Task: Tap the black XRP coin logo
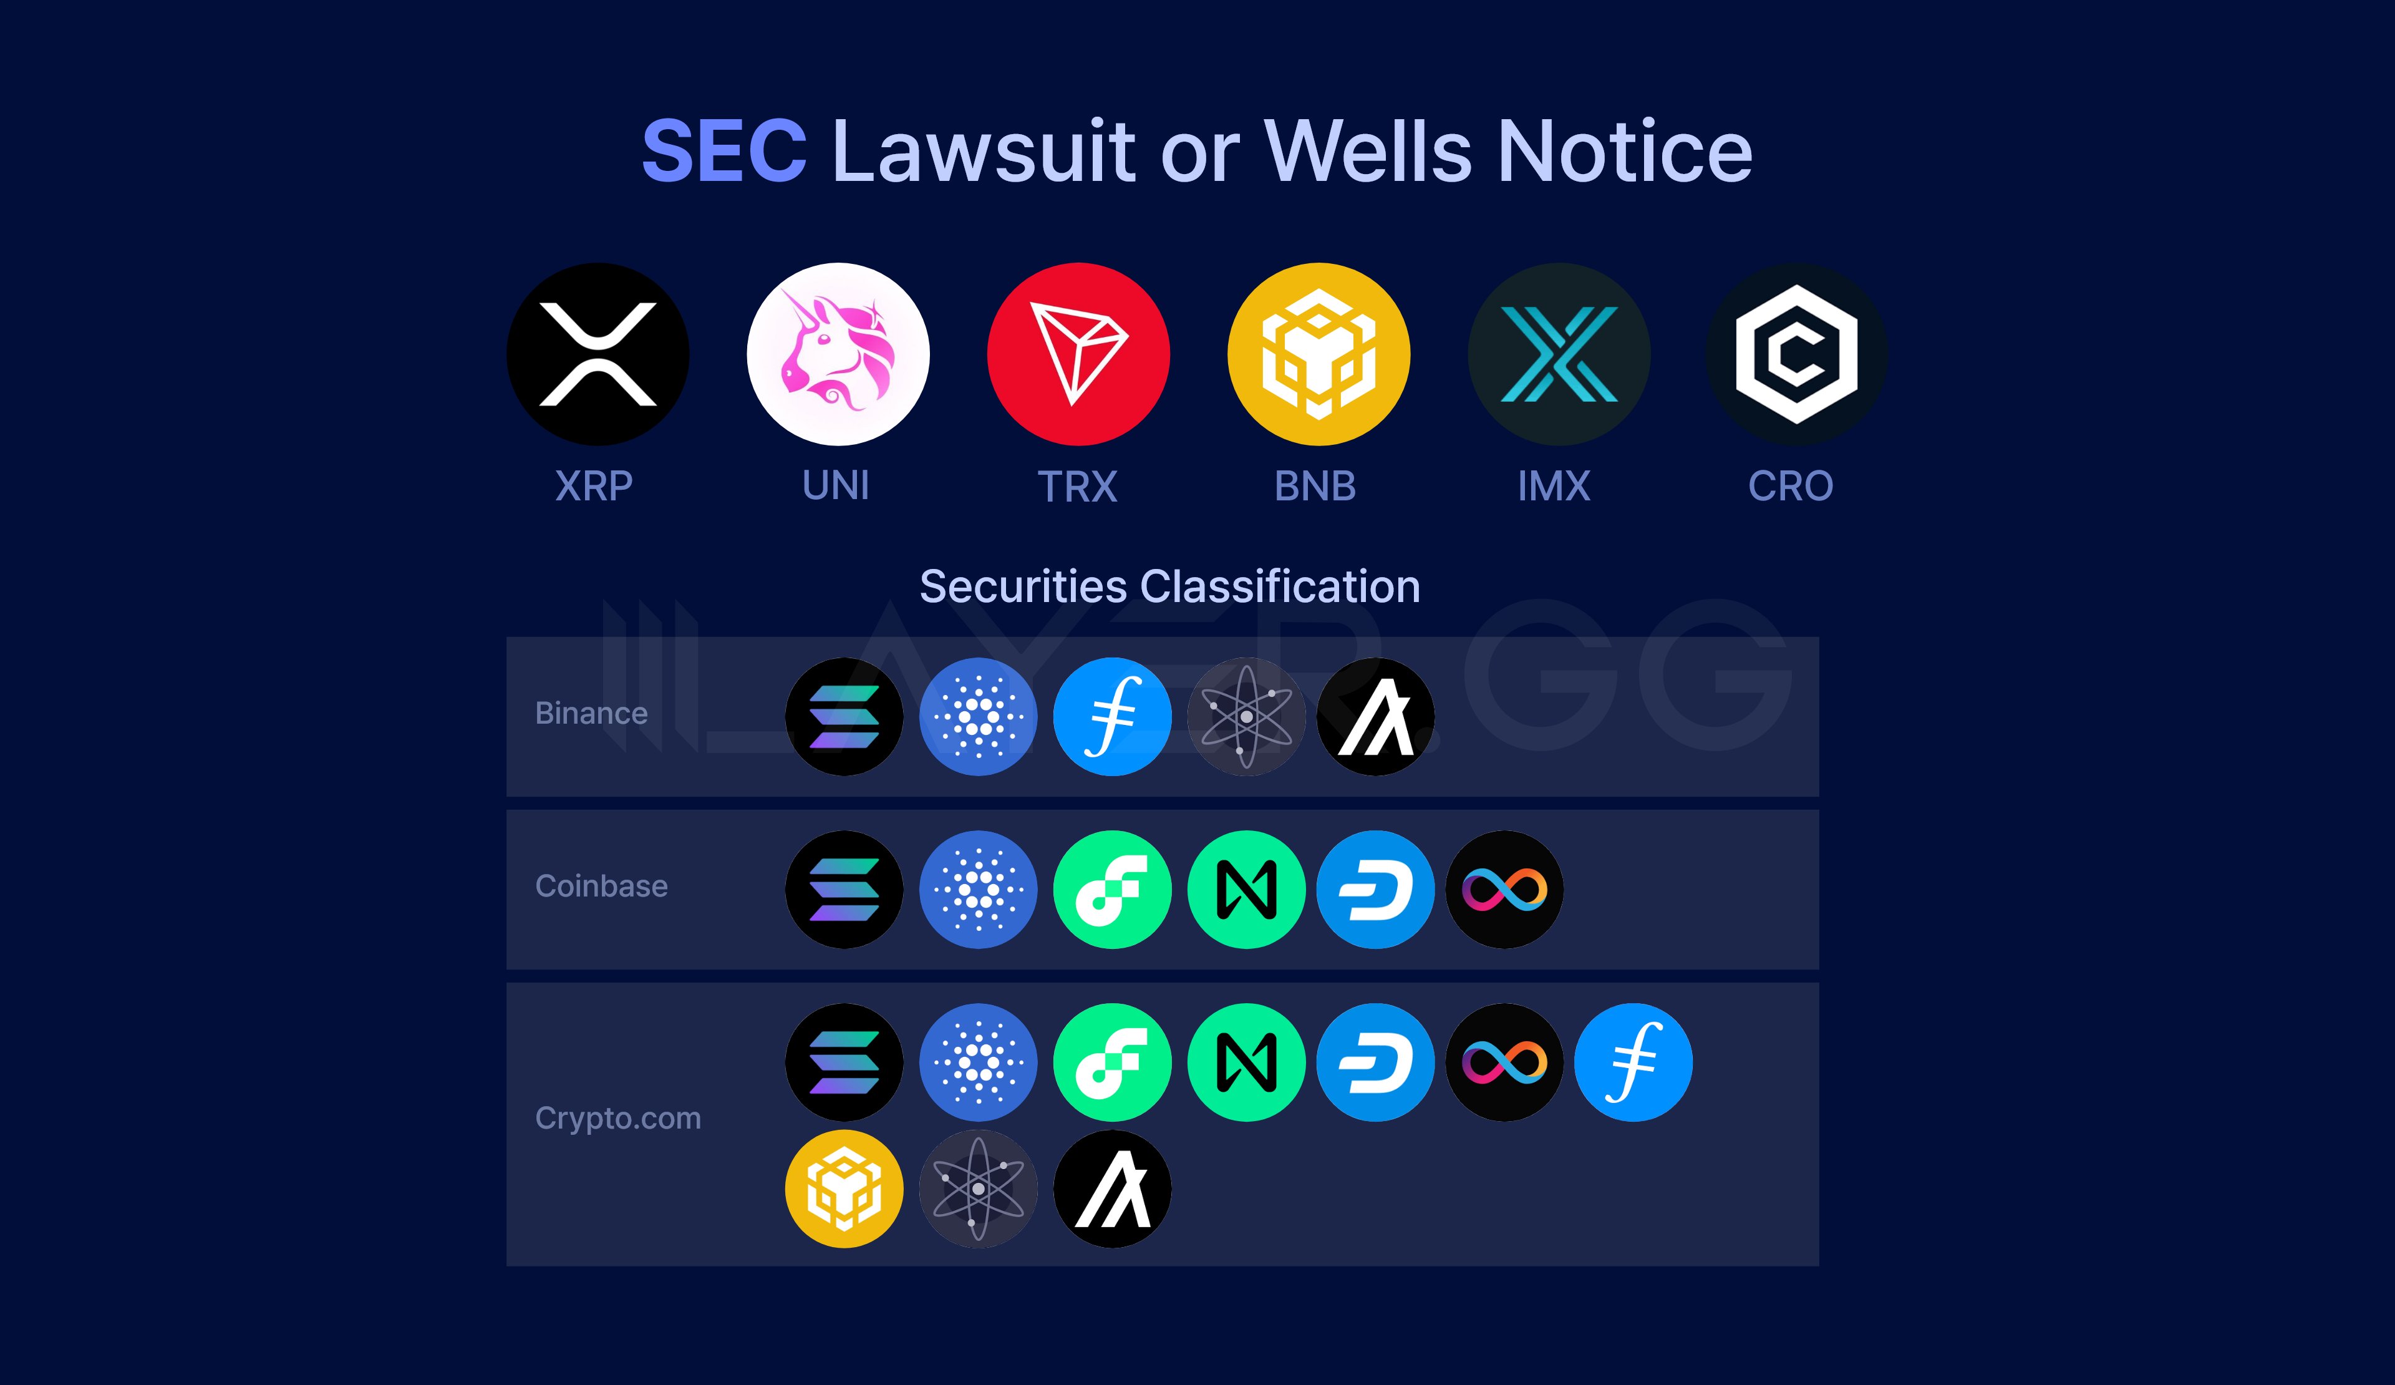pos(598,354)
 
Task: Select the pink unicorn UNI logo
pos(837,354)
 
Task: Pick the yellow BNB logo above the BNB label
pos(1318,354)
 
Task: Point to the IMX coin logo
pos(1559,354)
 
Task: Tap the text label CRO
pos(1791,487)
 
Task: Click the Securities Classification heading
pos(1170,586)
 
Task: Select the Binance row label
pos(591,713)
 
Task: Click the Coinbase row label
pos(602,886)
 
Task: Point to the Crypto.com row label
pos(617,1118)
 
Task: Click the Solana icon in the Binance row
pos(844,717)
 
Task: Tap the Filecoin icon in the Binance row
pos(1112,717)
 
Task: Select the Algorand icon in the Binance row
pos(1375,717)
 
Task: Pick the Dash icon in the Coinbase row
pos(1375,890)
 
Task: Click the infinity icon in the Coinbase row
pos(1504,890)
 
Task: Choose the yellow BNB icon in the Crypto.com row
pos(844,1189)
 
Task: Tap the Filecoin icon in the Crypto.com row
pos(1633,1062)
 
